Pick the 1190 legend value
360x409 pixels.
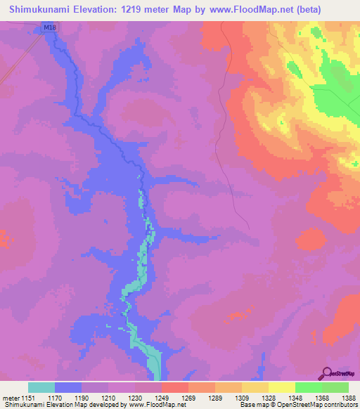(x=82, y=397)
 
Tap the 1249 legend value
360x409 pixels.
(x=161, y=397)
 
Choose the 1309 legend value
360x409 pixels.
(x=241, y=397)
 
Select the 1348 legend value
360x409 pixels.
(x=295, y=397)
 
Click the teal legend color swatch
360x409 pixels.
(x=41, y=387)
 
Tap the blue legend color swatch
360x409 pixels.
(x=68, y=387)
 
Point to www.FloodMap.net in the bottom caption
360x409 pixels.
(x=152, y=405)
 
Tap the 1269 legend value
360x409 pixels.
(x=188, y=397)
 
